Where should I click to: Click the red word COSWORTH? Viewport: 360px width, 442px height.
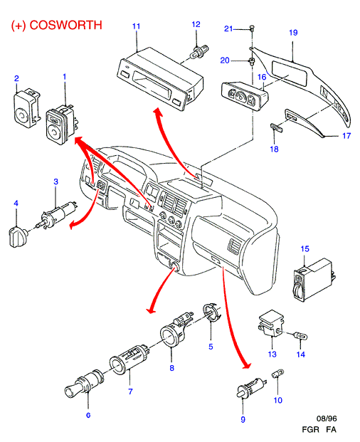coord(65,25)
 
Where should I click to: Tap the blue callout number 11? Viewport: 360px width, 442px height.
coord(137,26)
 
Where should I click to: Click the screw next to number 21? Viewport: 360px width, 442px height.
coord(252,28)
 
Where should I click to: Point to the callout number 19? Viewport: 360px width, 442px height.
coord(293,33)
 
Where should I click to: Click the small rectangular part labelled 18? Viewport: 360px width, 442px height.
coord(277,127)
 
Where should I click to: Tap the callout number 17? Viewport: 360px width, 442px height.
coord(346,136)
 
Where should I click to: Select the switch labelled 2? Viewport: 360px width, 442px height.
coord(27,108)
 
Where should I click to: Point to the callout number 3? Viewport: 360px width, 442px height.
coord(55,181)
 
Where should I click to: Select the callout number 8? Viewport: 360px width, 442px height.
coord(172,367)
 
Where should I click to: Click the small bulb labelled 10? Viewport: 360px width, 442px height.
coord(277,374)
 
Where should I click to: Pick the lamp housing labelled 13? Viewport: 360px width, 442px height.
coord(270,324)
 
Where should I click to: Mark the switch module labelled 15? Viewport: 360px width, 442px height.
coord(314,280)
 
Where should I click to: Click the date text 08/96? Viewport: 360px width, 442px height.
coord(327,419)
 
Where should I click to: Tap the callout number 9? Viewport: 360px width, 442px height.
coord(243,419)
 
